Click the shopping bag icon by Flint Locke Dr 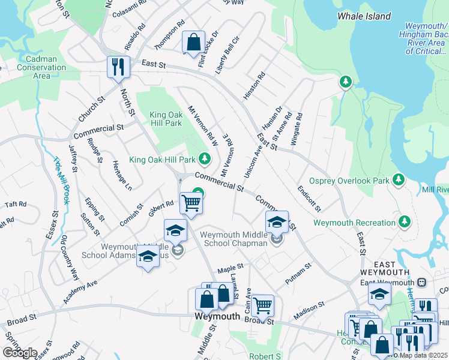tap(193, 43)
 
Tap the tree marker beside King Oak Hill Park tap(205, 159)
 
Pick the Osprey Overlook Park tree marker tap(397, 179)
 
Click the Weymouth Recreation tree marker tap(405, 223)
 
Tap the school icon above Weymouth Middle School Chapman tap(277, 221)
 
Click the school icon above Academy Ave tap(148, 257)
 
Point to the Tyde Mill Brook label tap(62, 179)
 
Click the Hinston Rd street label tap(254, 86)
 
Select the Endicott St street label tap(310, 199)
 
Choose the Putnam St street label tap(298, 273)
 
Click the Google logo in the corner tap(20, 352)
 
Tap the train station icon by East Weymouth tap(421, 283)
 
